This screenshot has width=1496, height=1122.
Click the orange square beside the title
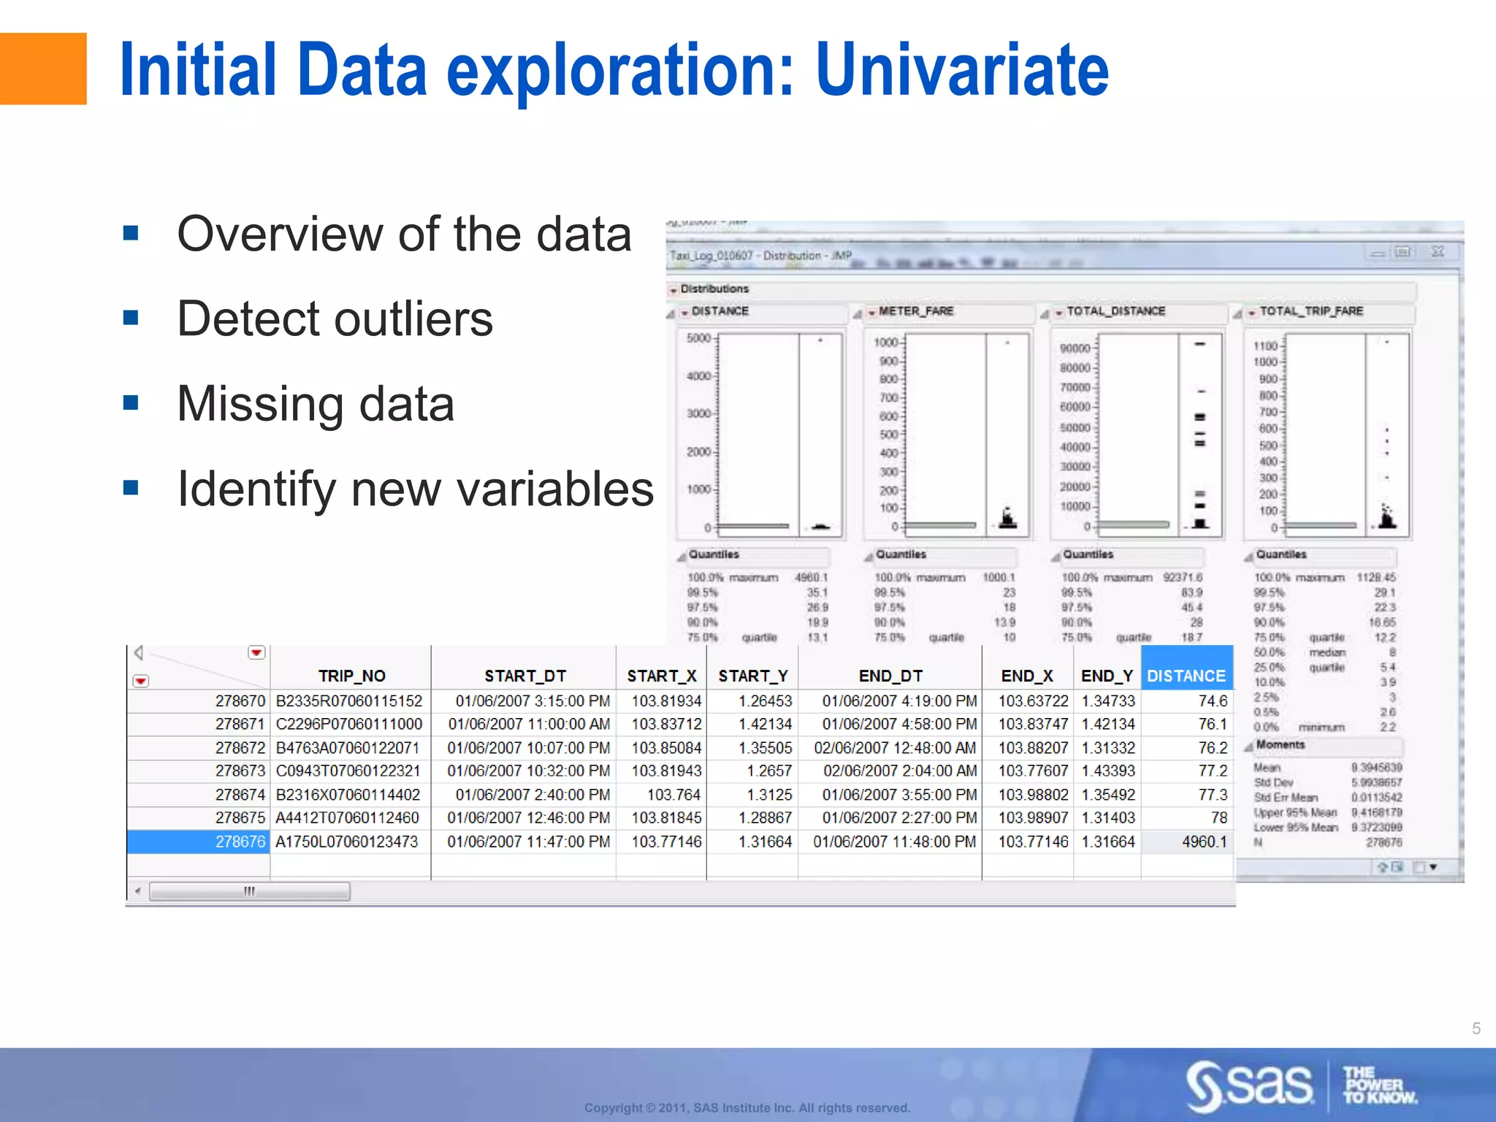pyautogui.click(x=42, y=69)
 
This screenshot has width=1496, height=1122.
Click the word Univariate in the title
pyautogui.click(x=962, y=70)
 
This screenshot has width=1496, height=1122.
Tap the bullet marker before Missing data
pyautogui.click(x=131, y=402)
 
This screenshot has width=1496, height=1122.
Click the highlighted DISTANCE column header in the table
pyautogui.click(x=1186, y=676)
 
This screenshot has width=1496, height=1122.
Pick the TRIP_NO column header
pyautogui.click(x=351, y=676)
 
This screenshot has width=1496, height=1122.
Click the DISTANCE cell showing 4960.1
pyautogui.click(x=1204, y=841)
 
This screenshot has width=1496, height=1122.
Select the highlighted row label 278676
pyautogui.click(x=240, y=841)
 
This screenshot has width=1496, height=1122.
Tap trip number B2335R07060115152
pyautogui.click(x=348, y=701)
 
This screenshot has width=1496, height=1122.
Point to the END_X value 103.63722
pyautogui.click(x=1033, y=701)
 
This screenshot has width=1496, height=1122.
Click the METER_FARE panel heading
pyautogui.click(x=916, y=311)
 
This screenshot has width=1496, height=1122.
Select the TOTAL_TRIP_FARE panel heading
pyautogui.click(x=1311, y=311)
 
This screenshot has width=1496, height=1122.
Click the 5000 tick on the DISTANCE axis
pyautogui.click(x=698, y=338)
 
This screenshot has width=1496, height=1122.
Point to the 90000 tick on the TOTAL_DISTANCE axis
pyautogui.click(x=1075, y=348)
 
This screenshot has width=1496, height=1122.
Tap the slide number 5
pyautogui.click(x=1476, y=1028)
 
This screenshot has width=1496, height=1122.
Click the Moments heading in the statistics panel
pyautogui.click(x=1280, y=744)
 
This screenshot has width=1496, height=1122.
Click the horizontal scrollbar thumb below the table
pyautogui.click(x=249, y=891)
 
